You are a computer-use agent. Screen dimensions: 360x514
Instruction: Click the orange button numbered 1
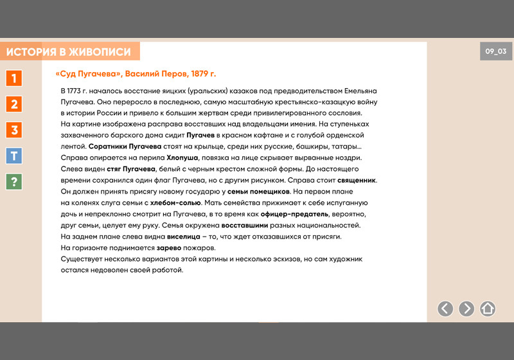click(14, 78)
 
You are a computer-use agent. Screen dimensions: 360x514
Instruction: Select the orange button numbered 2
click(14, 104)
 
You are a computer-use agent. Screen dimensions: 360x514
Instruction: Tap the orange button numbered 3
click(14, 130)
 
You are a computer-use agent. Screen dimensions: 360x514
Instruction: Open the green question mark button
click(14, 181)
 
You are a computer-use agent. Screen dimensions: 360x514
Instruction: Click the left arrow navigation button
click(445, 309)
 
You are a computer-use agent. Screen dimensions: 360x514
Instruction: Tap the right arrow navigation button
click(466, 309)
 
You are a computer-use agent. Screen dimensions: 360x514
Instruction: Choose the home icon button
click(488, 309)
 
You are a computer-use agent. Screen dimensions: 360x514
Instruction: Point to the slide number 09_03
click(495, 51)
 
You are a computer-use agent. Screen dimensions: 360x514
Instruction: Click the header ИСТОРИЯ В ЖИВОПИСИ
click(69, 52)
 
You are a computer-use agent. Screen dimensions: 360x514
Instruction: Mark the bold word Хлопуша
click(183, 157)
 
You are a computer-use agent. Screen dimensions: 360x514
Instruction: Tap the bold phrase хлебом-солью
click(176, 203)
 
